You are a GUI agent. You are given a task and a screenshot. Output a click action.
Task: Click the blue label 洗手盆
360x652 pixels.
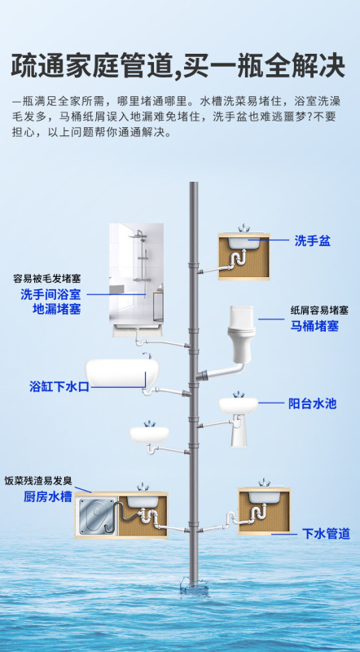pos(312,240)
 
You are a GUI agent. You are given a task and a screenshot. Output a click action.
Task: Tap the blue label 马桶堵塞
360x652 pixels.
pos(314,326)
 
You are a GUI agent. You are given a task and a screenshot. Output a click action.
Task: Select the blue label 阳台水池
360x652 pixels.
pos(312,403)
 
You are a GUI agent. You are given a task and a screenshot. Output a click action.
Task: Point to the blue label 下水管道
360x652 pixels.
pos(326,534)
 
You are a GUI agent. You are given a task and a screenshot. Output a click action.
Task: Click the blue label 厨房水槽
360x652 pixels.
pos(48,496)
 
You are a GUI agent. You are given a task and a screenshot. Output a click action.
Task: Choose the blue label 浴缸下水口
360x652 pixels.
pos(59,386)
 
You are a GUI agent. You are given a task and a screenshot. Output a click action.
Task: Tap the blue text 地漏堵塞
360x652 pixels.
pos(56,310)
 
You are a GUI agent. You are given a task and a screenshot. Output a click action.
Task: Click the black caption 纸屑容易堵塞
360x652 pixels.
pos(318,311)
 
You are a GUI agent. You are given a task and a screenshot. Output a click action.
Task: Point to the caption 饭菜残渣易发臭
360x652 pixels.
pos(38,481)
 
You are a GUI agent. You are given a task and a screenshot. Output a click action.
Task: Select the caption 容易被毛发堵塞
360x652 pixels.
pos(47,278)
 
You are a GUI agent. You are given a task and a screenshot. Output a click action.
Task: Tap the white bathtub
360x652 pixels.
pos(122,373)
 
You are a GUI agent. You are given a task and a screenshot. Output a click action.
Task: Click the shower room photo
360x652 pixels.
pos(136,272)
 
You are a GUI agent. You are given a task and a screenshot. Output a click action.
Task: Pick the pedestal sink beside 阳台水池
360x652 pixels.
pos(239,418)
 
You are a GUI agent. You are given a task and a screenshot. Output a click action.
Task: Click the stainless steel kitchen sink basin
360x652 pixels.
pos(96,516)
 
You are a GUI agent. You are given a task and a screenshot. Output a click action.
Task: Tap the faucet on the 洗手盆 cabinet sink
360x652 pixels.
pos(244,228)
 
